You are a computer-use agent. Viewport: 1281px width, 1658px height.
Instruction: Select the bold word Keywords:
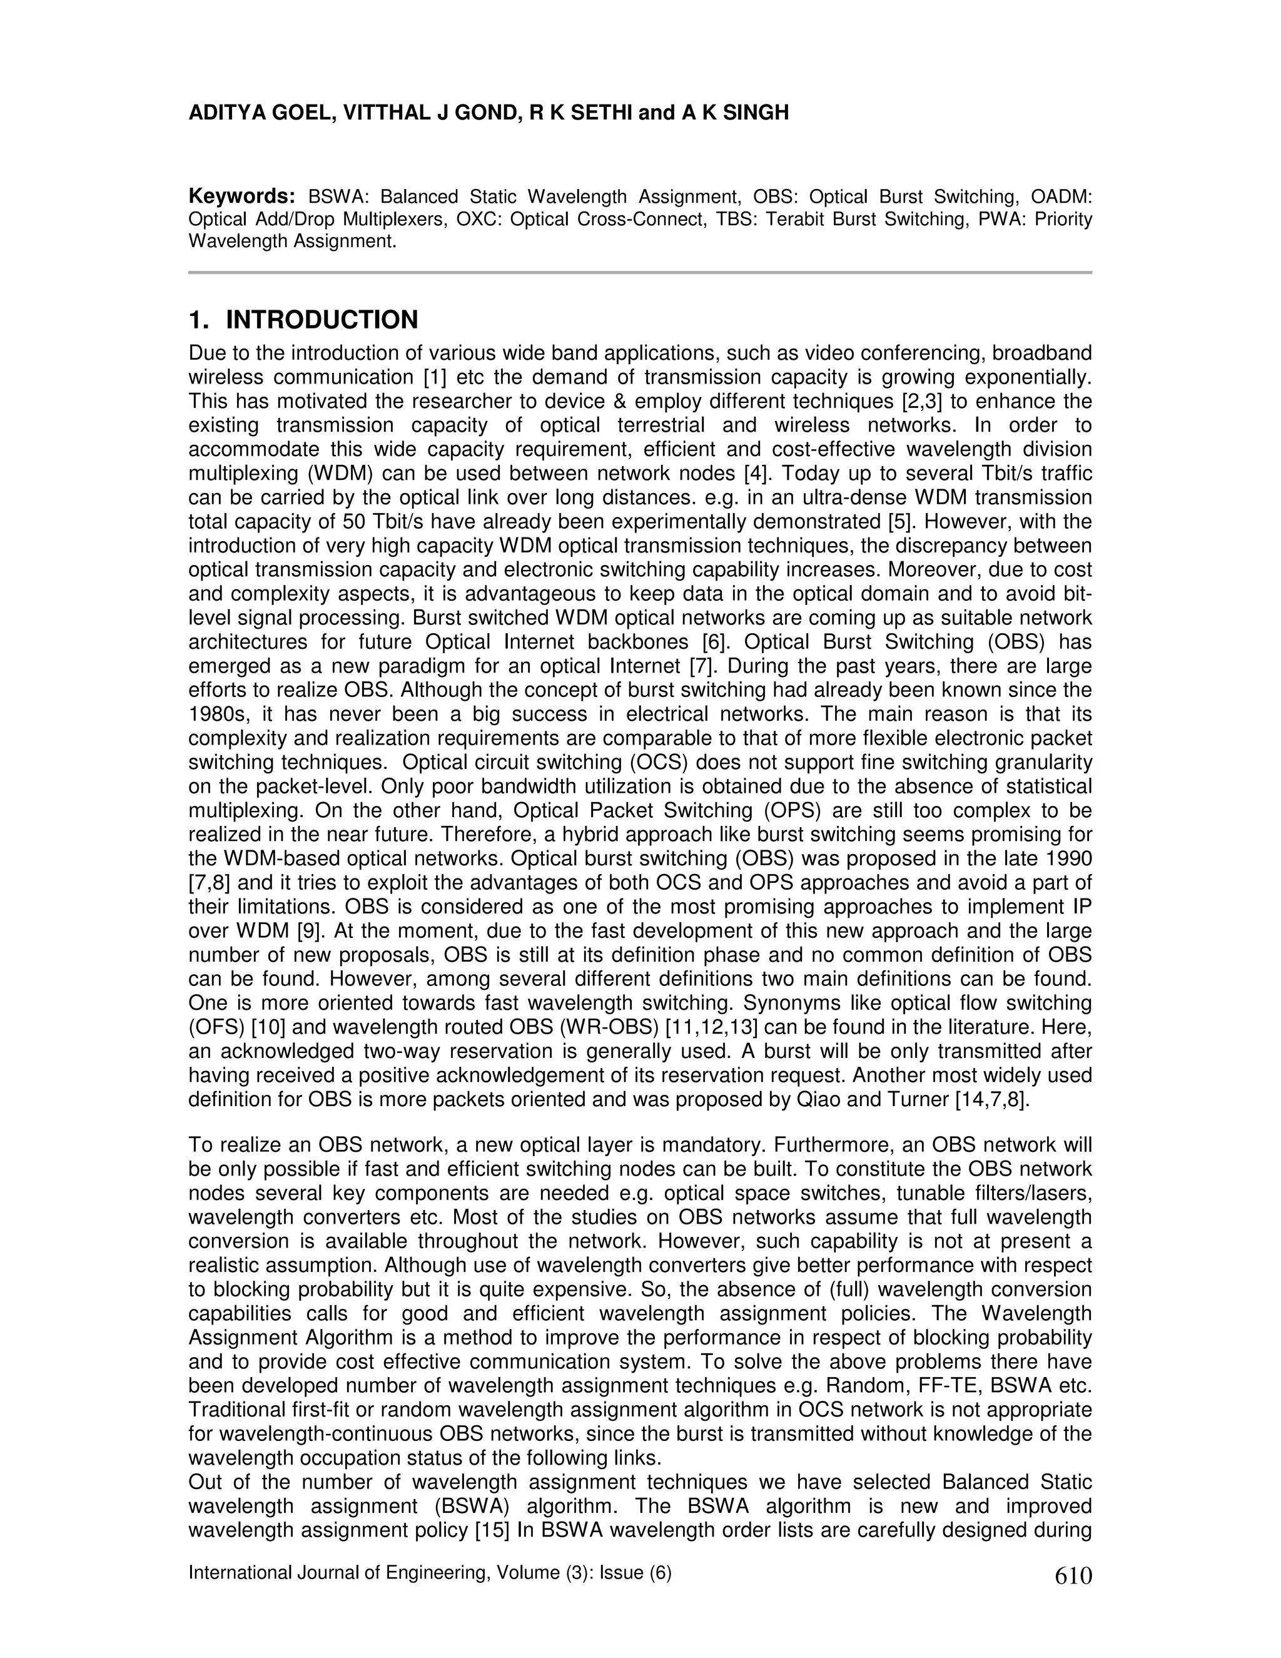241,196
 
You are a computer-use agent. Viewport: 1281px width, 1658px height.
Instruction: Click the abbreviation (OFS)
218,1028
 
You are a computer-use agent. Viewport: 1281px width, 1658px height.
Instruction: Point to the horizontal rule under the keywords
640,272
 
